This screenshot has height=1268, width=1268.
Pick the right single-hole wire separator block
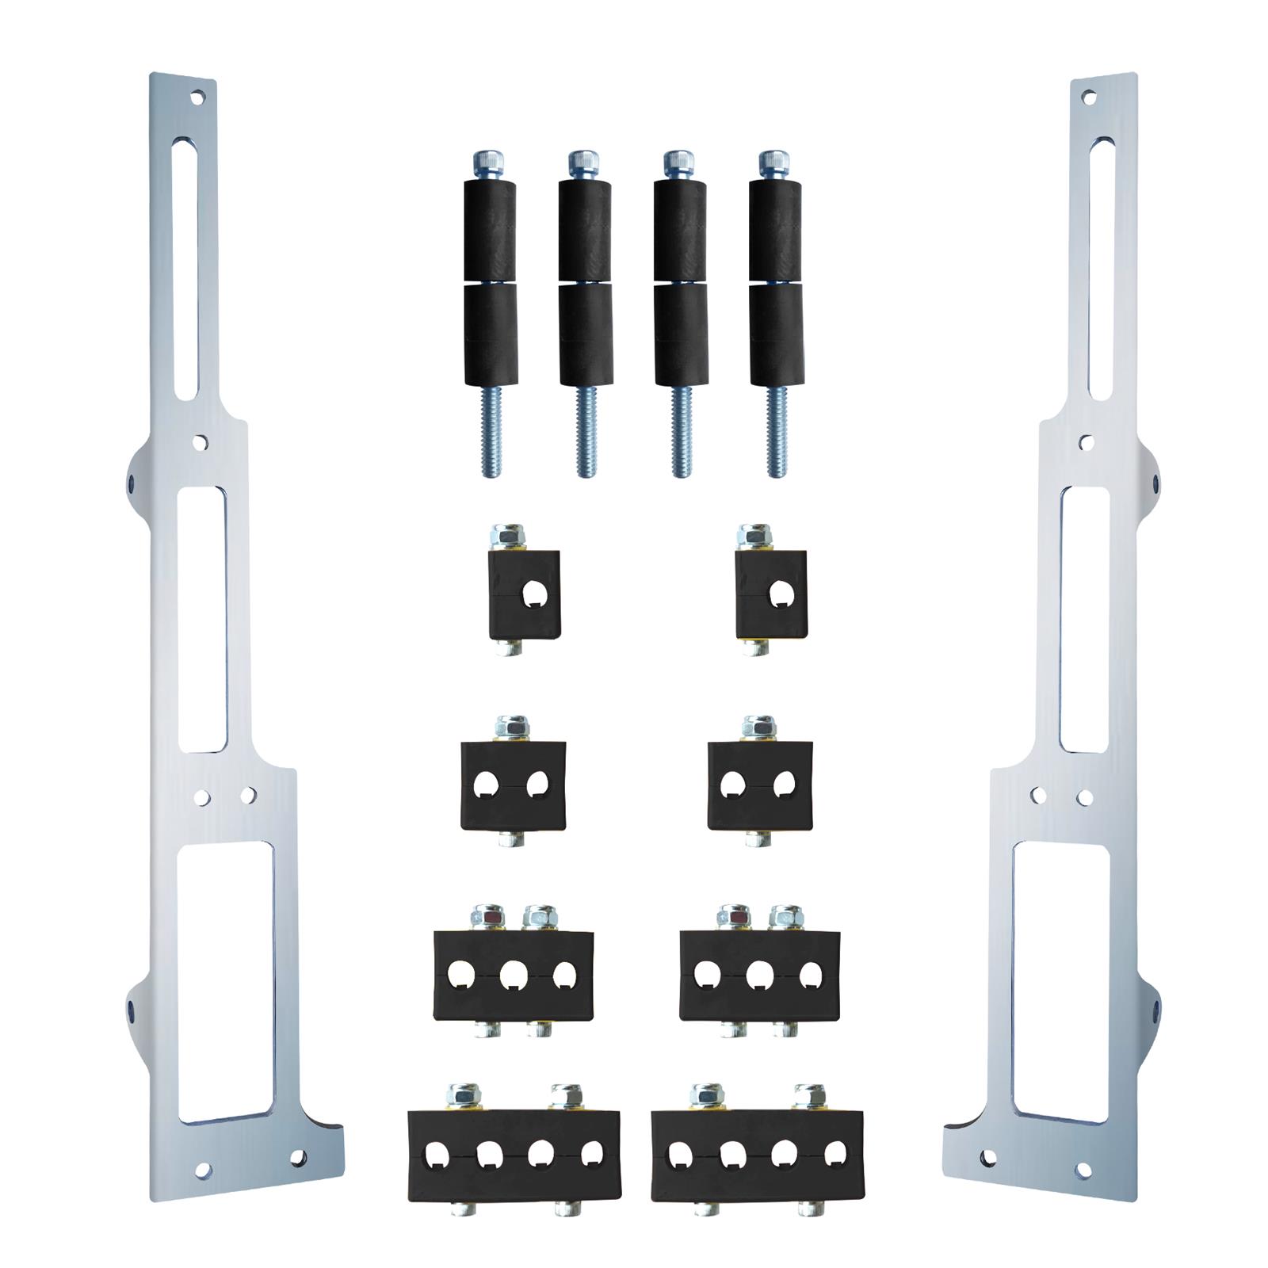pos(770,594)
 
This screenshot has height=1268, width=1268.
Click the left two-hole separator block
pos(514,785)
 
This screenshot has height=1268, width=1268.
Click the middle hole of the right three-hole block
pos(759,974)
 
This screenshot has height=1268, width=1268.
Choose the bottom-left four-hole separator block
pos(514,1153)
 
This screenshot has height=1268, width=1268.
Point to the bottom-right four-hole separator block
pos(758,1153)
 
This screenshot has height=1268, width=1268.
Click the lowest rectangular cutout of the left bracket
pos(226,983)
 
